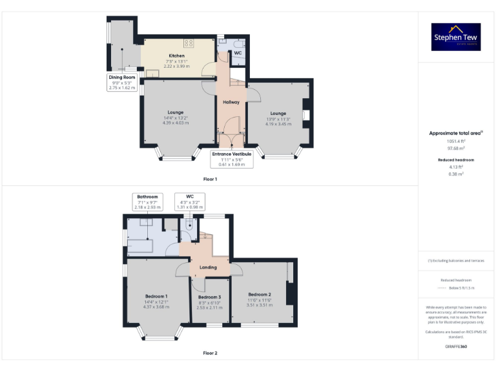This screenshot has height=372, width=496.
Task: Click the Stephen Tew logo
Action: (456, 37)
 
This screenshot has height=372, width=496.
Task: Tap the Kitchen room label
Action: (176, 56)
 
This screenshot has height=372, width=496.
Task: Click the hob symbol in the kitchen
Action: (189, 43)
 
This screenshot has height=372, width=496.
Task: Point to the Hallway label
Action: (231, 102)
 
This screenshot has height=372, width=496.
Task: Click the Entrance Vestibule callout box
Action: (232, 159)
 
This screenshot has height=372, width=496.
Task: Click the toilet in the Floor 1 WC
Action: (223, 46)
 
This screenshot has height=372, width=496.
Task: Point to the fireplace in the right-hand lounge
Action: (306, 116)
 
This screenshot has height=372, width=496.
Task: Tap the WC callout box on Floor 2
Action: (190, 201)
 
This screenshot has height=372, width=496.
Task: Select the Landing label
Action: (208, 267)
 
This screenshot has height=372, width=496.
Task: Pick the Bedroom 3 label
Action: (209, 297)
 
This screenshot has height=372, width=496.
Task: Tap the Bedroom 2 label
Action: (259, 294)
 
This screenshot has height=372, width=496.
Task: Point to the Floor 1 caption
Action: (210, 179)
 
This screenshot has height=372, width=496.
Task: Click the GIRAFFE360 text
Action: (456, 347)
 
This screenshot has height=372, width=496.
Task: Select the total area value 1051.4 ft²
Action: (456, 141)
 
